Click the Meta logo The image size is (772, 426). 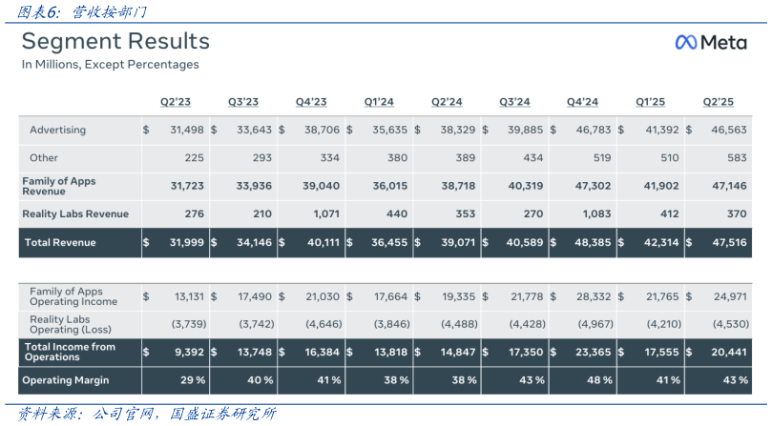click(710, 42)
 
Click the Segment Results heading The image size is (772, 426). click(115, 42)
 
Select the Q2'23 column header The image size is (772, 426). click(177, 102)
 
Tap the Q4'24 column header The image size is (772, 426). click(582, 102)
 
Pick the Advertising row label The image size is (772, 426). click(58, 130)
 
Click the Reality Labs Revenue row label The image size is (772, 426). click(74, 213)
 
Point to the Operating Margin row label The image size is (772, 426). click(65, 380)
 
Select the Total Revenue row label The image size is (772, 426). click(61, 242)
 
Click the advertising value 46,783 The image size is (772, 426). click(593, 130)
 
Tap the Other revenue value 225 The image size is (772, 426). click(194, 157)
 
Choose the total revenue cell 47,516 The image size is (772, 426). click(728, 242)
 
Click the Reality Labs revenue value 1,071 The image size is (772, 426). click(324, 213)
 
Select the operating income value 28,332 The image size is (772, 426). click(593, 297)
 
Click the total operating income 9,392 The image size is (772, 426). click(187, 352)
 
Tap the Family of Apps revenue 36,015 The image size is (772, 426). click(389, 186)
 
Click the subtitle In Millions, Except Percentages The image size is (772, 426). click(111, 65)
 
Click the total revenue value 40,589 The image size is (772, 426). click(524, 242)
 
